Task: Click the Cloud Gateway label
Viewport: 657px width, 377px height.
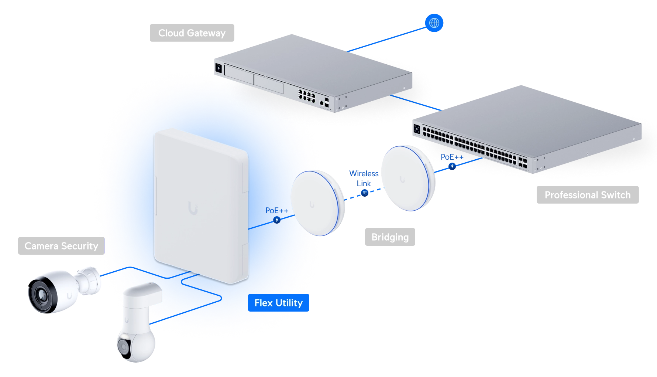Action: click(x=192, y=33)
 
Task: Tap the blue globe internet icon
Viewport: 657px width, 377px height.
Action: click(x=434, y=23)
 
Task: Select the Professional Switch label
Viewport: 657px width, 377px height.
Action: click(x=588, y=195)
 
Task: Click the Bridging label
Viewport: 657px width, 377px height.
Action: click(x=390, y=237)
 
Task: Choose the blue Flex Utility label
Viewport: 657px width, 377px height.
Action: click(x=279, y=303)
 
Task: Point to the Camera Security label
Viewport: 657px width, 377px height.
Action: click(x=61, y=246)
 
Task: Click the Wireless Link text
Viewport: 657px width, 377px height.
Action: click(x=364, y=179)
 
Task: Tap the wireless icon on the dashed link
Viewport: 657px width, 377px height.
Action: click(x=365, y=193)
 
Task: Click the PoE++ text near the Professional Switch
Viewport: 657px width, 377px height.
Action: click(x=452, y=157)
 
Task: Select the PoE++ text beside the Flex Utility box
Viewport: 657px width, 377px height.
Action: click(x=277, y=211)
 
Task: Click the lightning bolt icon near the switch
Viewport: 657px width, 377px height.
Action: click(x=452, y=166)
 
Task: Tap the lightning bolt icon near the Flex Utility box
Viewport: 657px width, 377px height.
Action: click(x=277, y=220)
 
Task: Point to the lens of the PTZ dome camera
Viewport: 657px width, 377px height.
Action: click(x=123, y=347)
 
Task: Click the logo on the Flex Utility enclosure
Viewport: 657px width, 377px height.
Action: click(x=193, y=208)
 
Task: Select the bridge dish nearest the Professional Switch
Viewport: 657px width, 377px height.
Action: click(x=408, y=179)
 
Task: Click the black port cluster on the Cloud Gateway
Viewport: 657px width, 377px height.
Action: click(x=307, y=95)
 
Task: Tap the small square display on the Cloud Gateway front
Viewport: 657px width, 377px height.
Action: click(x=219, y=68)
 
